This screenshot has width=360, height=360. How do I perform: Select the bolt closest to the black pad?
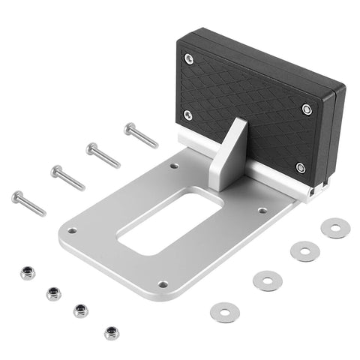click(140, 135)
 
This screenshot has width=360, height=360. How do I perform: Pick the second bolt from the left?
click(67, 177)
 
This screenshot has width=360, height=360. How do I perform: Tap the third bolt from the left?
click(103, 154)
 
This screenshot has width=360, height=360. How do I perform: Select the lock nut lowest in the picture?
click(112, 331)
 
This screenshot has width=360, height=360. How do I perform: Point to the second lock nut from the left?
click(53, 292)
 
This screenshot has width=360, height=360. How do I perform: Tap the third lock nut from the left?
click(80, 310)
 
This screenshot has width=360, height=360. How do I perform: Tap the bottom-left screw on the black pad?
click(187, 115)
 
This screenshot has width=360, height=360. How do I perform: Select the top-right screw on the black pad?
click(307, 109)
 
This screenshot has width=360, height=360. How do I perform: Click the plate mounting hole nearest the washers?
click(262, 211)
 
